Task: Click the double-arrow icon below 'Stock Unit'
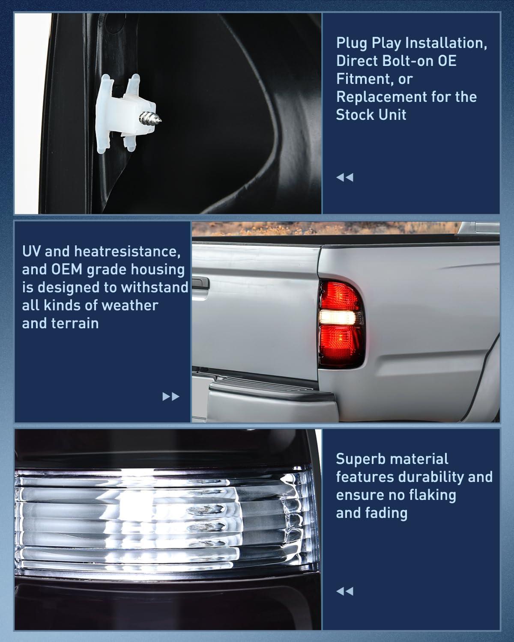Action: pos(345,177)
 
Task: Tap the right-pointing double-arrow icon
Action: pos(171,397)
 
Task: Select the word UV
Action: pos(32,251)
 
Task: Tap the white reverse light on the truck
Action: pos(338,317)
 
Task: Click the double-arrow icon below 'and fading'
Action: pos(345,591)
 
